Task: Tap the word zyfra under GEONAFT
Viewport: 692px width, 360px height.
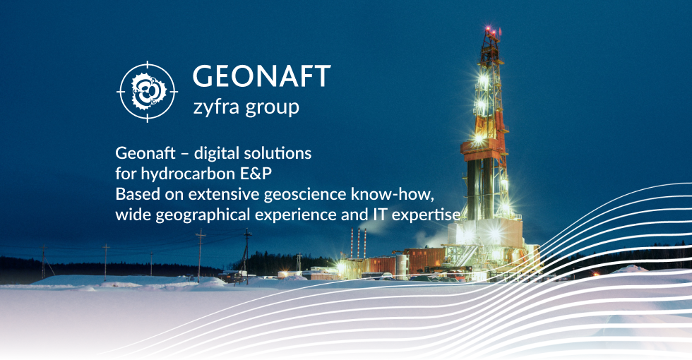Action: (x=216, y=107)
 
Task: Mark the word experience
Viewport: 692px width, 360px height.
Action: (x=296, y=215)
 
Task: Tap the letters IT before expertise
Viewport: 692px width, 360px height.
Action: (x=379, y=214)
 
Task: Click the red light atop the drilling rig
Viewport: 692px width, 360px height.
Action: (x=488, y=30)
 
